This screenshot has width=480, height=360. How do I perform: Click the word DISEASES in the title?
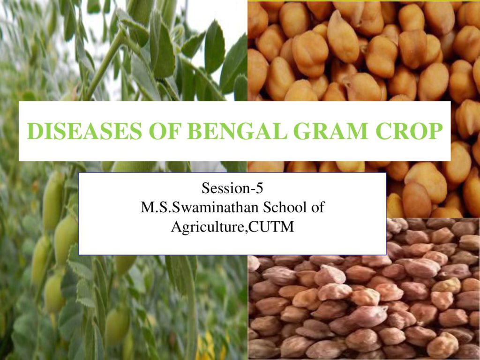pyautogui.click(x=84, y=131)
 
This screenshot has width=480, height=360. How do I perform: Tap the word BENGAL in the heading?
pyautogui.click(x=238, y=131)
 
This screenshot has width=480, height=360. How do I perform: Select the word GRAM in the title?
pyautogui.click(x=331, y=131)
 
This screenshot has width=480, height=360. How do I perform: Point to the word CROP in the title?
pyautogui.click(x=409, y=131)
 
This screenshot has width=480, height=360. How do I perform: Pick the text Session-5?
pyautogui.click(x=232, y=187)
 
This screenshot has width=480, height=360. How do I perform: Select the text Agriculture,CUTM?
pyautogui.click(x=232, y=227)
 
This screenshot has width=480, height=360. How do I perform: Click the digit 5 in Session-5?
pyautogui.click(x=260, y=187)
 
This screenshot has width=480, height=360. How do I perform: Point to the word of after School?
pyautogui.click(x=318, y=207)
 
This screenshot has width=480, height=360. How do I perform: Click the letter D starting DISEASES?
pyautogui.click(x=34, y=131)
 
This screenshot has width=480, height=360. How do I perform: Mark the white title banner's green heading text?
pyautogui.click(x=235, y=131)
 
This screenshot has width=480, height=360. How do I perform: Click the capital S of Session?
pyautogui.click(x=205, y=188)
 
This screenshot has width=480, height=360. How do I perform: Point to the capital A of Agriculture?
pyautogui.click(x=176, y=227)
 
